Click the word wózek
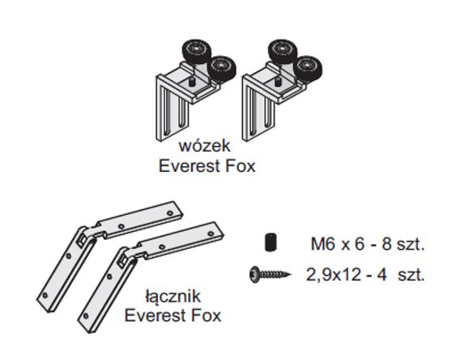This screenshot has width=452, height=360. (x=205, y=146)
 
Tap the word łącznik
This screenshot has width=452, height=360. (x=173, y=296)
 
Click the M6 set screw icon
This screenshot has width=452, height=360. (x=271, y=242)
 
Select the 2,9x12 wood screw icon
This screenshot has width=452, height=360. (x=270, y=274)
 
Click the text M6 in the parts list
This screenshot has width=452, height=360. (x=323, y=244)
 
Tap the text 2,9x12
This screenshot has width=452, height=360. (x=333, y=274)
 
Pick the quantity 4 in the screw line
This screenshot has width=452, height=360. (x=382, y=274)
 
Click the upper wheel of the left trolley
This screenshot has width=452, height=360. (x=197, y=51)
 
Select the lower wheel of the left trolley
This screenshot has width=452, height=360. (x=222, y=67)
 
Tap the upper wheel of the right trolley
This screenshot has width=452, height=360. (x=283, y=50)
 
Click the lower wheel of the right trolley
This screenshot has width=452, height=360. (x=308, y=67)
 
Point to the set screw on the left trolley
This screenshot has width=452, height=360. (x=191, y=82)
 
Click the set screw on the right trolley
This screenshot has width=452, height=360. (x=278, y=81)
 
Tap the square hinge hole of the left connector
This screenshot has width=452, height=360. (x=81, y=239)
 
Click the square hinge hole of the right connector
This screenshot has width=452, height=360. (x=122, y=260)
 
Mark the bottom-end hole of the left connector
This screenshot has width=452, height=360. (x=45, y=295)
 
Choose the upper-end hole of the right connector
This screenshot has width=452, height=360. (x=211, y=234)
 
